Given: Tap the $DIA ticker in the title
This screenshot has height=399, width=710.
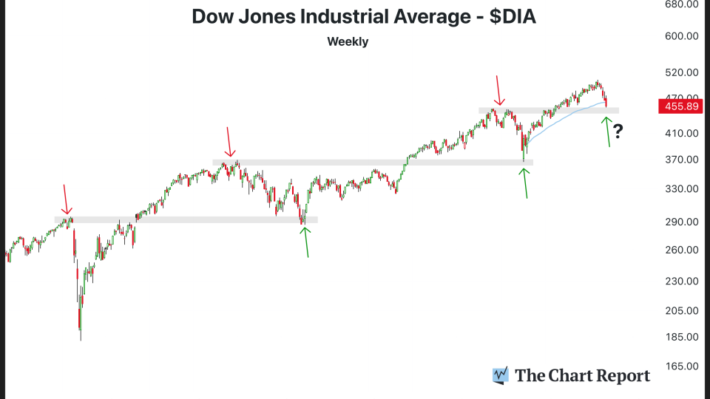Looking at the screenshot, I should pos(510,17).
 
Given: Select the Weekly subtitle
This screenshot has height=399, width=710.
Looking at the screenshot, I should pos(348,41).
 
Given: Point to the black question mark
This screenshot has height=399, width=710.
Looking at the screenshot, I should pos(618,132).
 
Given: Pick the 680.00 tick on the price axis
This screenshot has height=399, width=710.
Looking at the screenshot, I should pos(681,4).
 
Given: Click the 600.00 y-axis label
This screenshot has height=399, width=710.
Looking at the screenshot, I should pos(681,36).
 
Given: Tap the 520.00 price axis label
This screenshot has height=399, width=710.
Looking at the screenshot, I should pos(681,72).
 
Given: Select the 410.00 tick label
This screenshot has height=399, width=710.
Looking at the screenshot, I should pos(681,134).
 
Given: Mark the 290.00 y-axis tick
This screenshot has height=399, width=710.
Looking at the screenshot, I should pos(681,222).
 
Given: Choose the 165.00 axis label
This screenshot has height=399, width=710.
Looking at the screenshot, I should pos(681,366).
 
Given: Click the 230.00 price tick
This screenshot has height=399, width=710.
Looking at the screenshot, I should pos(681,281).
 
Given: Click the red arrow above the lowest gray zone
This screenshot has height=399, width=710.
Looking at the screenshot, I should pos(67,199).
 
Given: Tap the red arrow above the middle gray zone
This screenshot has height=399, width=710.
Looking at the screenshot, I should pos(231,143).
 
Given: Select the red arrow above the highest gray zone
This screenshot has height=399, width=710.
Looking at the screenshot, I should pos(499,90).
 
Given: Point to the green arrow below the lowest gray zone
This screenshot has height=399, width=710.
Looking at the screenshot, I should pos(305,242).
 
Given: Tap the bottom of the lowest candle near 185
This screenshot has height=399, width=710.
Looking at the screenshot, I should pos(80,339).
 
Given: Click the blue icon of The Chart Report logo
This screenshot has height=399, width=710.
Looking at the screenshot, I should pos(501,375).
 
